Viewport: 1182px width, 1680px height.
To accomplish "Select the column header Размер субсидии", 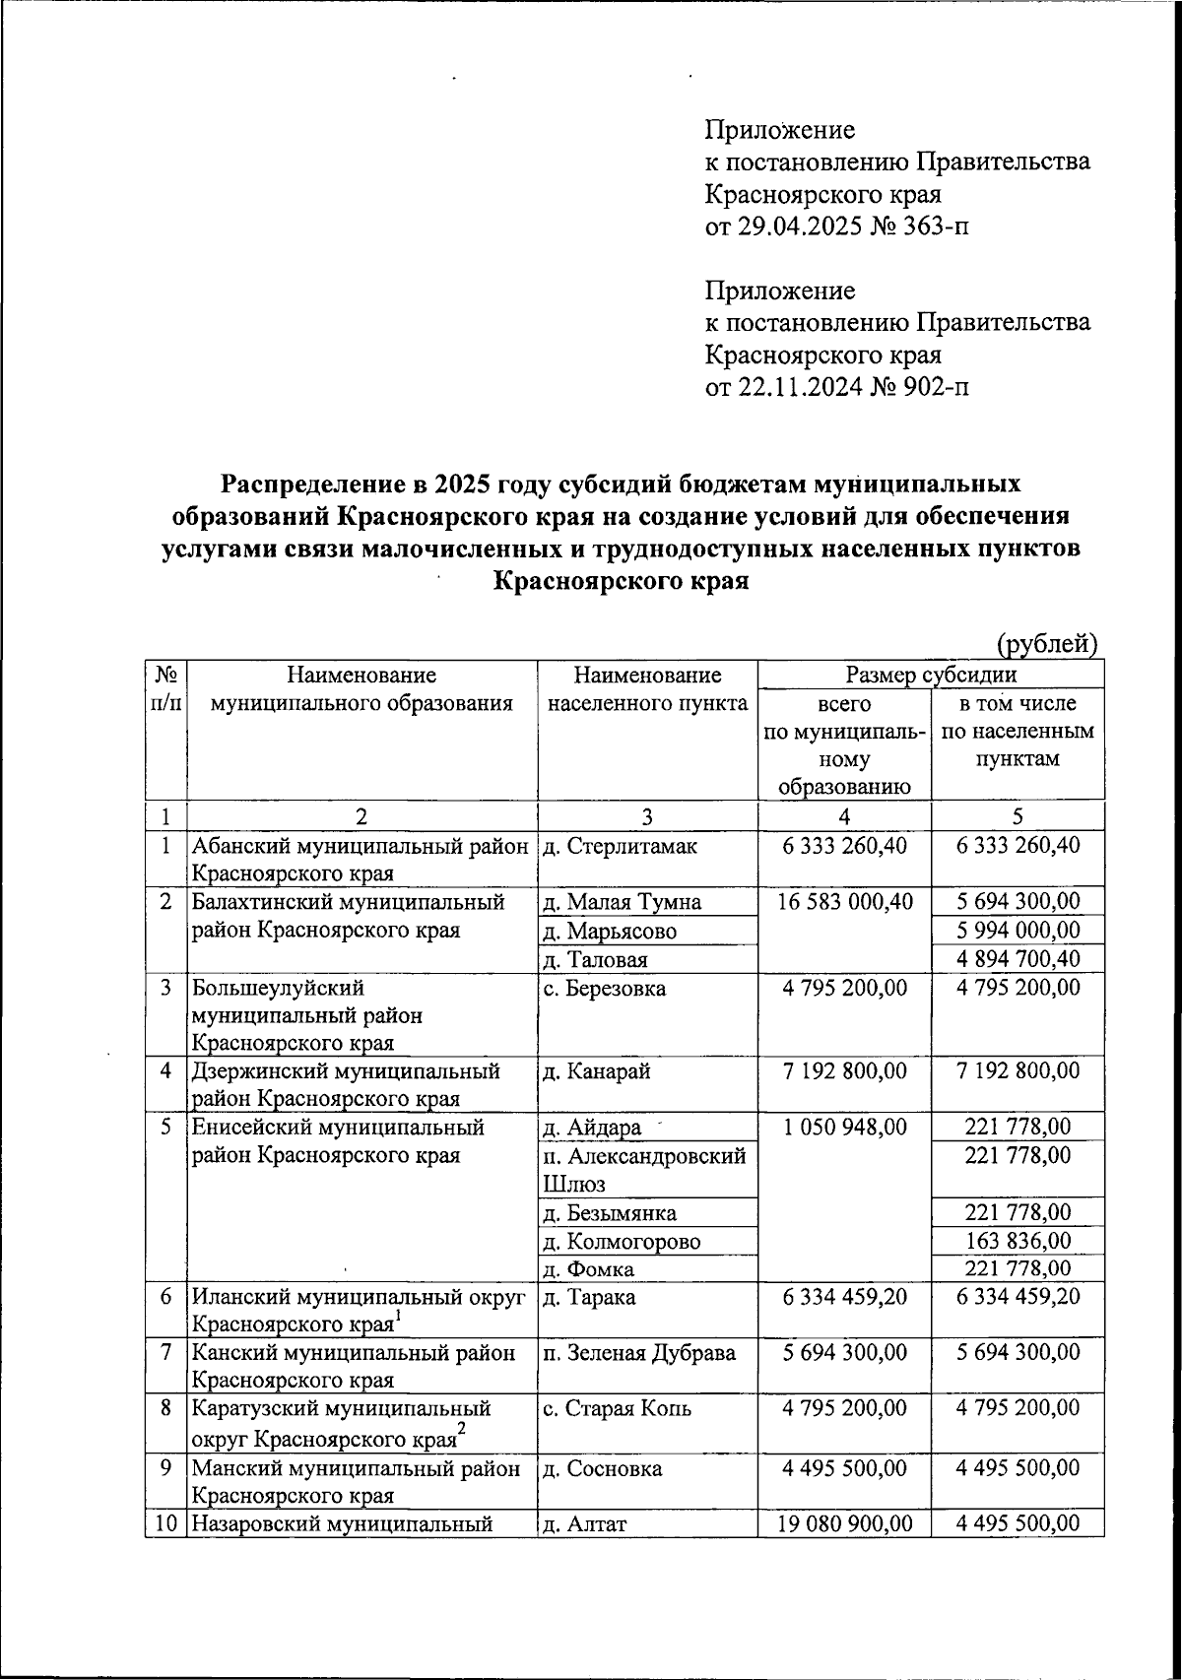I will click(x=931, y=675).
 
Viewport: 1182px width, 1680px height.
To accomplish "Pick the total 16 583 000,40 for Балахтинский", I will click(x=844, y=901).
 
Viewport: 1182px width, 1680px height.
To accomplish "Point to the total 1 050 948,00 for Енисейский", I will click(x=844, y=1128).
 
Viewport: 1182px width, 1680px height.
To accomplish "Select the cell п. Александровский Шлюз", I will click(x=644, y=1169).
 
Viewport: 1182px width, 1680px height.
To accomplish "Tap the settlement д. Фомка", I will click(x=588, y=1269).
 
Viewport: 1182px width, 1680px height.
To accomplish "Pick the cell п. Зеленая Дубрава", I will click(x=639, y=1353).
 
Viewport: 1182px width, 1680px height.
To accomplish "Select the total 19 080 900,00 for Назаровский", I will click(x=844, y=1524).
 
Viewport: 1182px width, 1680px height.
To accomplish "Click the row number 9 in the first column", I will click(x=164, y=1468).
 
